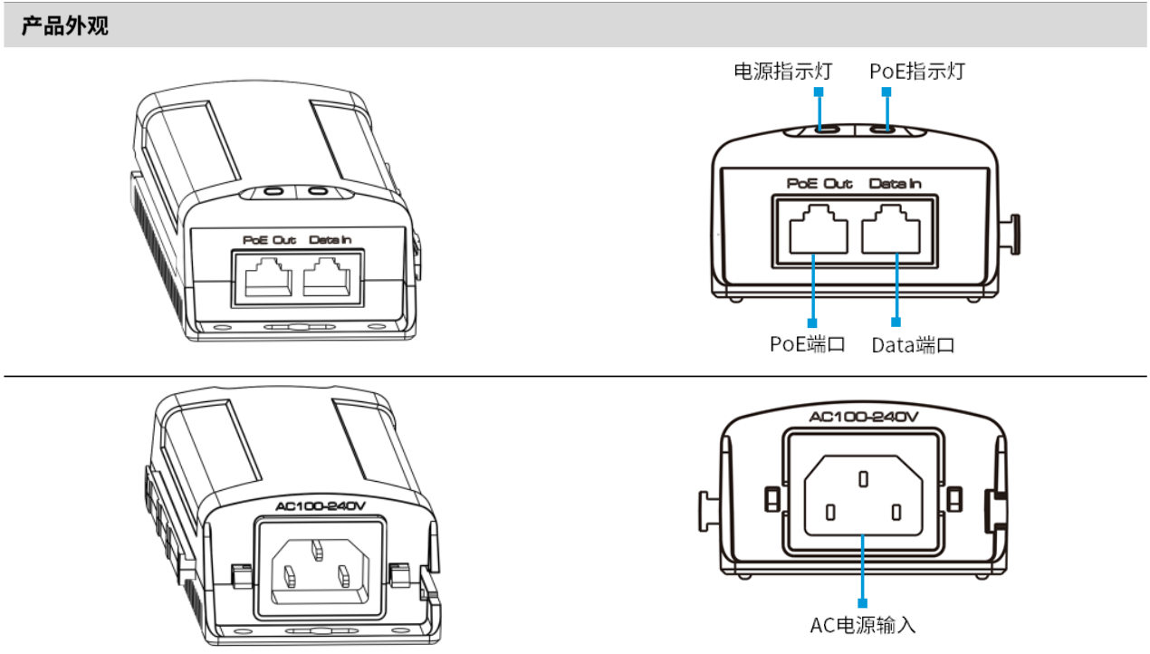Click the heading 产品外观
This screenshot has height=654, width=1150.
64,26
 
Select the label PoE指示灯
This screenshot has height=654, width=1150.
917,71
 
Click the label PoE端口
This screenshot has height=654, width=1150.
807,345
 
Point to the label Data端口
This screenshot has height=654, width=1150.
913,345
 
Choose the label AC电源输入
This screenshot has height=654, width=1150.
863,625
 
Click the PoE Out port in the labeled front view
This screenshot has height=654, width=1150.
819,232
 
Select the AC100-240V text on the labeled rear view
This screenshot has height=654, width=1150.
863,417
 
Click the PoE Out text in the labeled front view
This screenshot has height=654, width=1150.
819,184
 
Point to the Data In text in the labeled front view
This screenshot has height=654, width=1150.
896,184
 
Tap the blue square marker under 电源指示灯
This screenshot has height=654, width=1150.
819,92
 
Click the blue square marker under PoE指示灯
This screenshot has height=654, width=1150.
887,92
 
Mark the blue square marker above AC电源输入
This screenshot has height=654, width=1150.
863,601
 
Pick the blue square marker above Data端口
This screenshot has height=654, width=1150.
896,322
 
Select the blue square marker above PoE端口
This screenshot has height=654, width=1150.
812,322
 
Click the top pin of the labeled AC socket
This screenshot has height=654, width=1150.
863,476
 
